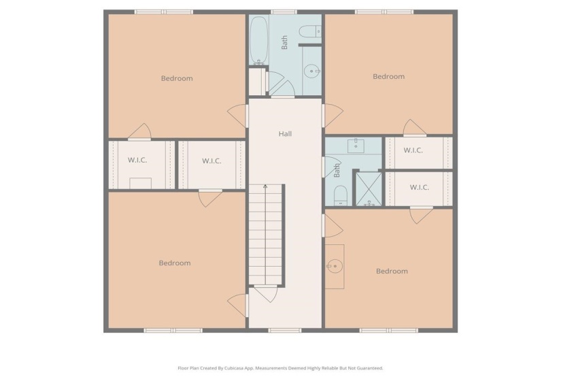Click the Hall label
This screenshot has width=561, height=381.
[285, 134]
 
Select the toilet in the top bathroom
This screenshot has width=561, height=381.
[310, 31]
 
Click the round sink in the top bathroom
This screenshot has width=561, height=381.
[312, 69]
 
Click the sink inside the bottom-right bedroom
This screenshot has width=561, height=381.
[334, 266]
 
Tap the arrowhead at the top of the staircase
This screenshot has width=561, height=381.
[265, 185]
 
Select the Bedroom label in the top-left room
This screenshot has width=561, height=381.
[176, 78]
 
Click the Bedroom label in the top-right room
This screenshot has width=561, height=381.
[388, 77]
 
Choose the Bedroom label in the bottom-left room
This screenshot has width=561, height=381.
[175, 263]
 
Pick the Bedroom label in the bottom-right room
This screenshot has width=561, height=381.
[392, 271]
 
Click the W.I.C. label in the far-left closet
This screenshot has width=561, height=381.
[137, 161]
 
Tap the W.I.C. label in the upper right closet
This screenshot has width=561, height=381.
[413, 150]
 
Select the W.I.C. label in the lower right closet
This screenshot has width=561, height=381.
[418, 187]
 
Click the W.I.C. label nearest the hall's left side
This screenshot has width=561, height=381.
[211, 161]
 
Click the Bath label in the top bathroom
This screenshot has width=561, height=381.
[285, 42]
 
